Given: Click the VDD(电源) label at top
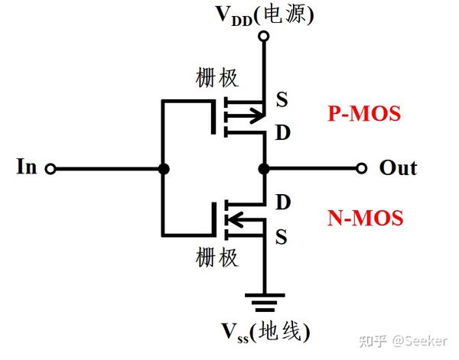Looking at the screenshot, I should coord(264,13).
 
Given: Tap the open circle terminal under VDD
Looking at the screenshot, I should coord(264,35).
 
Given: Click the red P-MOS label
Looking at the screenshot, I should coord(364,114).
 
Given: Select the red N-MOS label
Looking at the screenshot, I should coord(364,219).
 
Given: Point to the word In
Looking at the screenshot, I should coord(27,167).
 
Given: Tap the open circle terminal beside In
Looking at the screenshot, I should coord(50,168).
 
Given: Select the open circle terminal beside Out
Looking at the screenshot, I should coord(362,168).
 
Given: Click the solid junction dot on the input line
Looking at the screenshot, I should coord(162,168).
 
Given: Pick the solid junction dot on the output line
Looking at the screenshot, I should coord(264,168).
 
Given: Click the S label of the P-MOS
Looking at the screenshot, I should coord(281,99).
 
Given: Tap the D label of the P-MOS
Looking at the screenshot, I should coord(282,135).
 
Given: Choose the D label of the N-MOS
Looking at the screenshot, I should coord(282,203).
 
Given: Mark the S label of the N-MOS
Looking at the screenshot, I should coord(281,237).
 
